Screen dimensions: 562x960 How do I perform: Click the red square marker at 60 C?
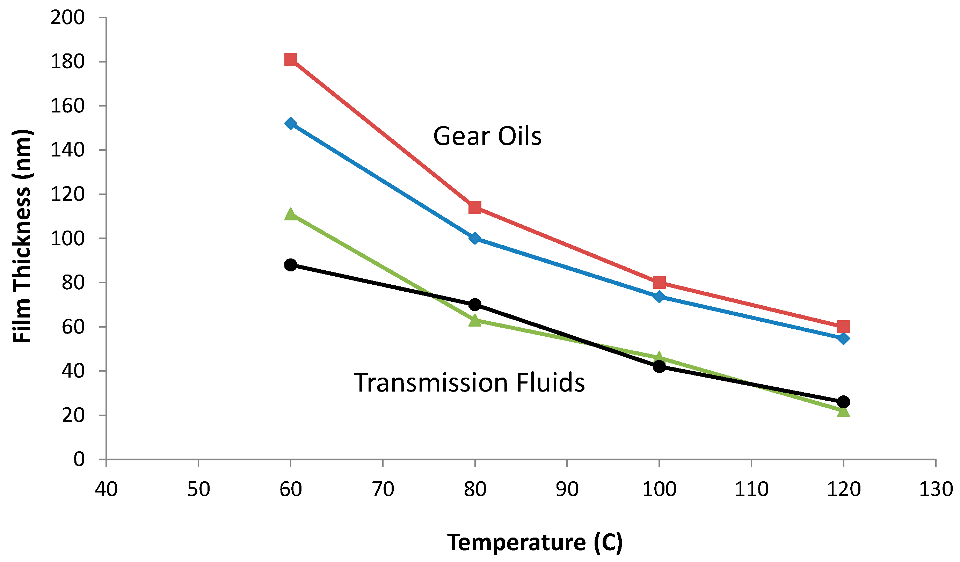coord(291,59)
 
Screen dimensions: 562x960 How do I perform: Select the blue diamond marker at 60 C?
coord(291,123)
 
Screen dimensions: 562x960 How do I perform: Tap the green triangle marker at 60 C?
coord(291,214)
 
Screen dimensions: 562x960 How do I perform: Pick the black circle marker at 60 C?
coord(291,265)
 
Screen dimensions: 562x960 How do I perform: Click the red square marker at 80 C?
coord(475,207)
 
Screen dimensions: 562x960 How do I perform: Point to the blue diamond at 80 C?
coord(475,238)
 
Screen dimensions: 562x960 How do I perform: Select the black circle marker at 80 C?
coord(475,304)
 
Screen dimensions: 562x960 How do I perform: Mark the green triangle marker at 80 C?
coord(475,321)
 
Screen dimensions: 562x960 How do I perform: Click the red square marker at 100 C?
coord(660,283)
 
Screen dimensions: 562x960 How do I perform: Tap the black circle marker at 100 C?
coord(660,367)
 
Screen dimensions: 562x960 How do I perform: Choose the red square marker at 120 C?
coord(844,327)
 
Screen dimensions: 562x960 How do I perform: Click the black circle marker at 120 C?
coord(844,402)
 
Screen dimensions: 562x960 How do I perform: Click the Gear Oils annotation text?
coord(487,136)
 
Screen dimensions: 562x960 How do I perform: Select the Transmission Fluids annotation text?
coord(469,383)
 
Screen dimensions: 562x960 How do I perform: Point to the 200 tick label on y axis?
coord(67,17)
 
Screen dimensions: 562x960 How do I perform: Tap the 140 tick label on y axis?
coord(67,150)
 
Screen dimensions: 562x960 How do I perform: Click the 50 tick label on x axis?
coord(198,489)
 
